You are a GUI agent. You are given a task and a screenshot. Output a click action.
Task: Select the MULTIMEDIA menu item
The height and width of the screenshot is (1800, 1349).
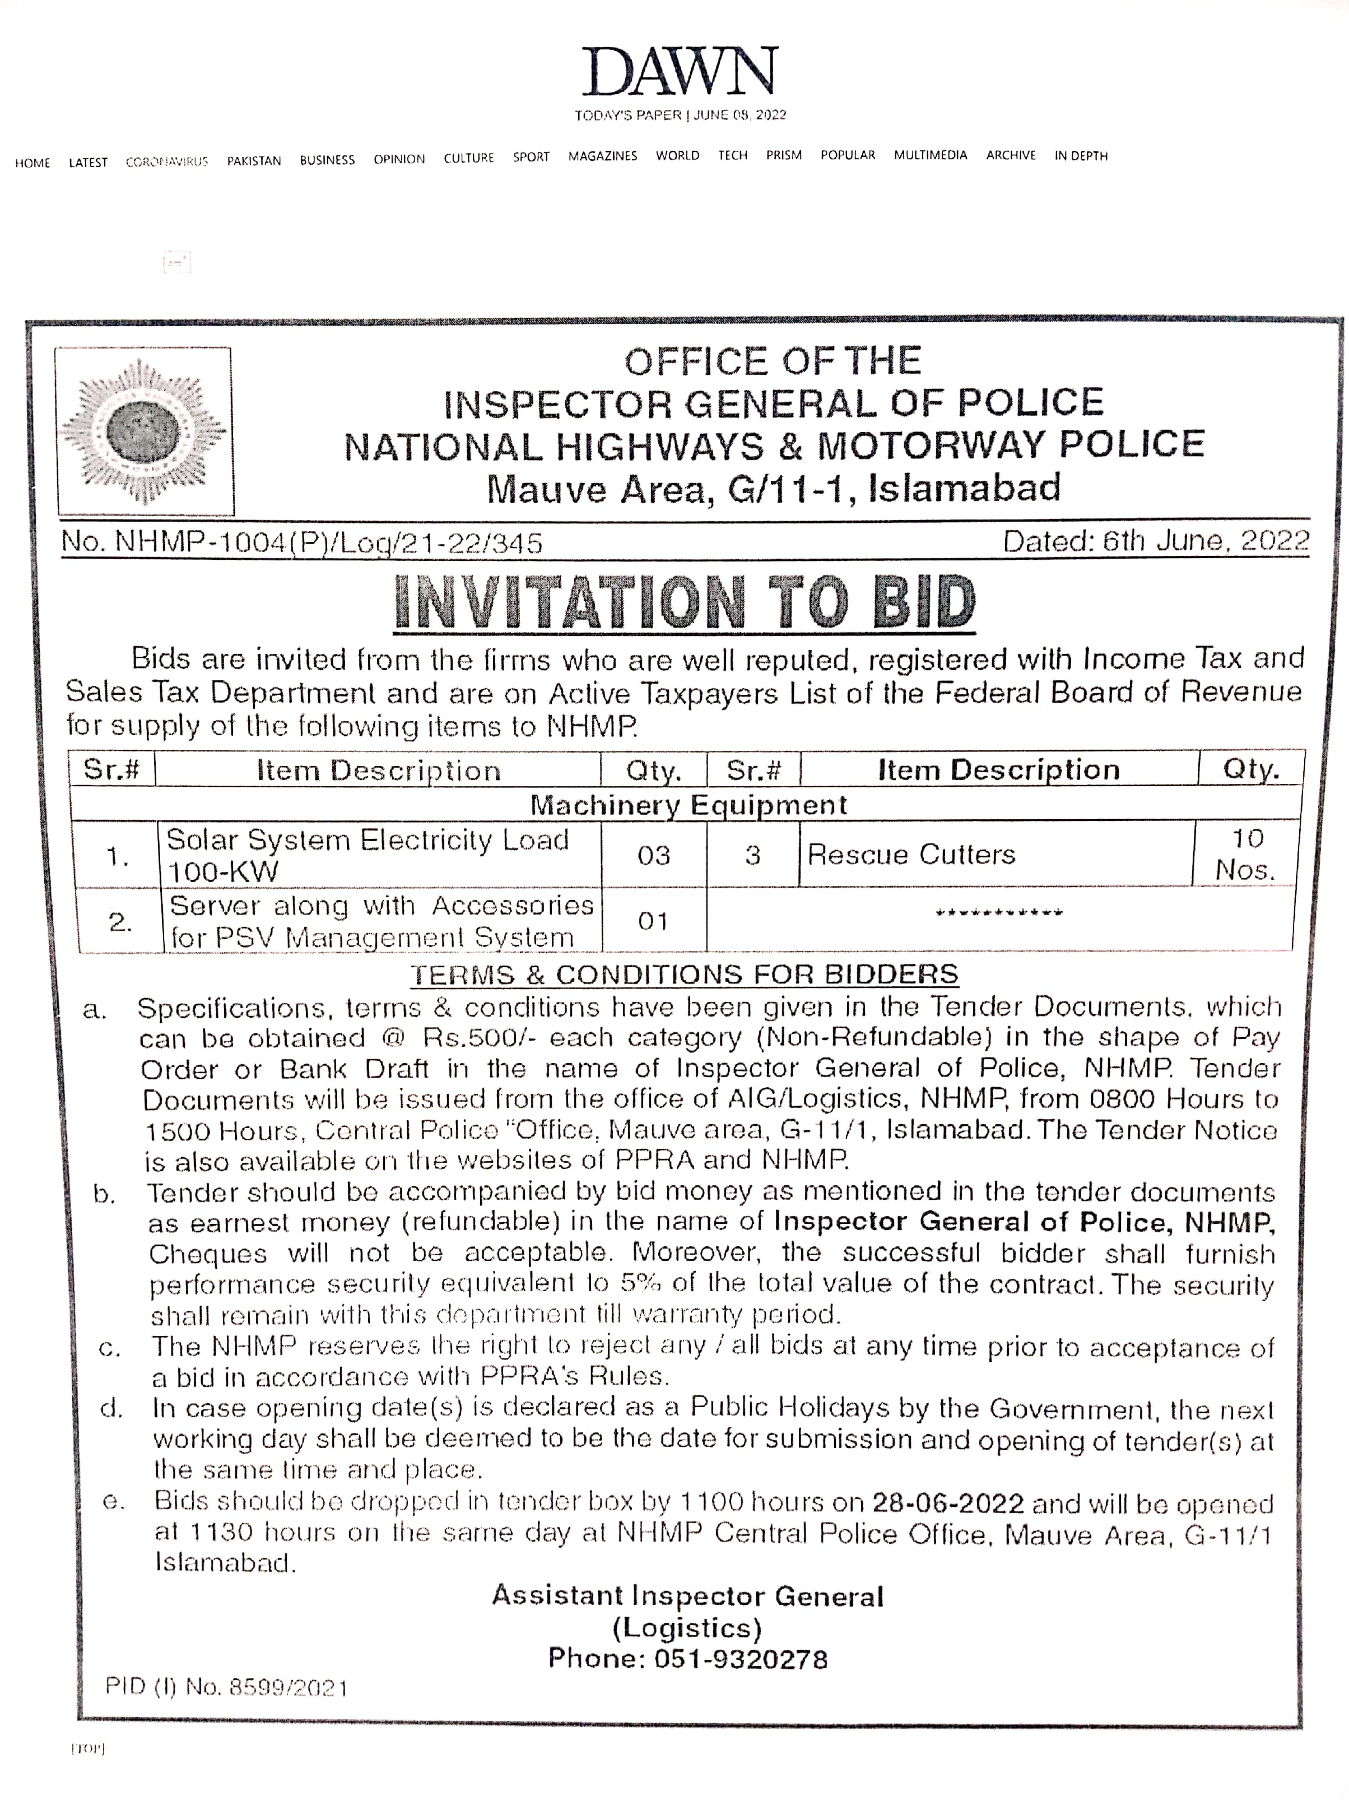point(930,155)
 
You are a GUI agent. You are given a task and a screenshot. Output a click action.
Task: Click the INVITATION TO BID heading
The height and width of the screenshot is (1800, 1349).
point(683,603)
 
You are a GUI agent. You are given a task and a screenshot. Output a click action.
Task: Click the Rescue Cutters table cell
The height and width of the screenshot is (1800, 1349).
point(911,855)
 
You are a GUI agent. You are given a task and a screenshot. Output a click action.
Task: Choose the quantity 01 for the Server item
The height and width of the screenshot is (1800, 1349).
point(653,921)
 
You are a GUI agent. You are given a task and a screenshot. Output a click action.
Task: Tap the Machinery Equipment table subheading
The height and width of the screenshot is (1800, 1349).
point(689,805)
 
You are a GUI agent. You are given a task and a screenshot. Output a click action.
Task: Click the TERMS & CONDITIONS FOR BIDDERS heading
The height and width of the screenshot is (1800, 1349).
point(683,974)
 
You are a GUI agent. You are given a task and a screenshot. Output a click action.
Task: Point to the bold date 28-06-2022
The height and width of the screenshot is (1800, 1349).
point(948,1501)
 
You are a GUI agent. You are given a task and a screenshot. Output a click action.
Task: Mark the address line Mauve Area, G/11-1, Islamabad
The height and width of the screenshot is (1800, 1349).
point(773,488)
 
